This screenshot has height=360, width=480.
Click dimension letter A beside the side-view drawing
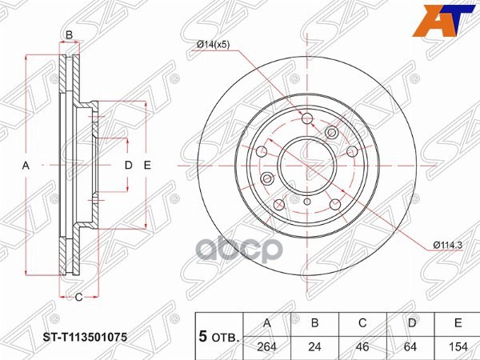26,166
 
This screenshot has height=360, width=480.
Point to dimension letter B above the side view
70,34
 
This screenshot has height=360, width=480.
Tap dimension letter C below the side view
79,298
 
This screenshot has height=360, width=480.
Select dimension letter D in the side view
127,166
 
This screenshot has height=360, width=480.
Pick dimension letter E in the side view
147,166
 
